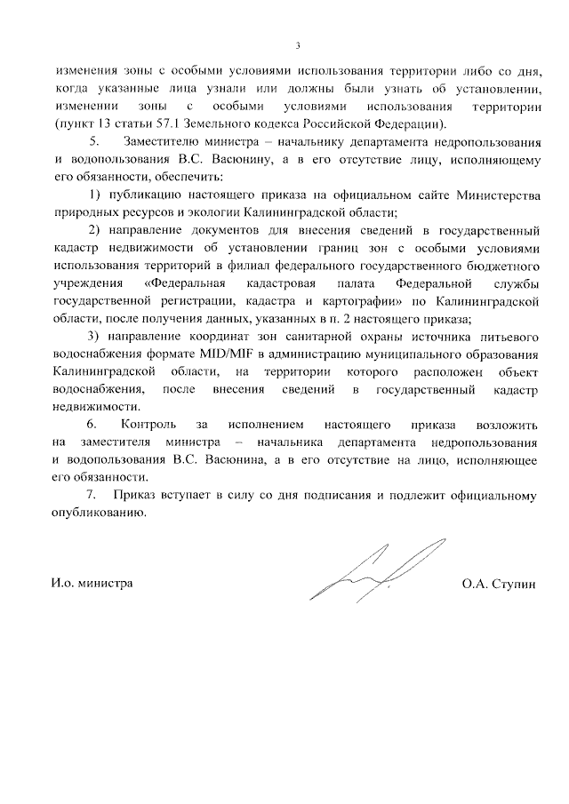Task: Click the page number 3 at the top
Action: tap(298, 46)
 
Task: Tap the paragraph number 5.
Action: tap(96, 142)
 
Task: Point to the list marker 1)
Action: tap(95, 195)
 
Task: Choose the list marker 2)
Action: tap(95, 231)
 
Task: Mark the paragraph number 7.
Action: tap(89, 495)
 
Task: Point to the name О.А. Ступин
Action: tap(500, 584)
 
